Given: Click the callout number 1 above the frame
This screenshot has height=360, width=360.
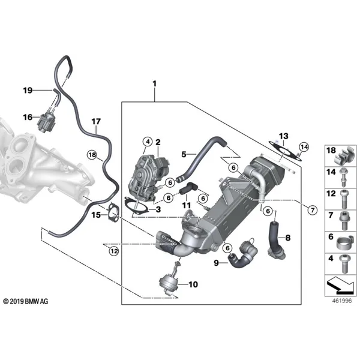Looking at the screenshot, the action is (155, 83).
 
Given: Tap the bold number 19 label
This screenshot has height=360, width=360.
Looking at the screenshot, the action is (28, 91).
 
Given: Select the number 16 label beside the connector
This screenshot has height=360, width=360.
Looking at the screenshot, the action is (28, 118).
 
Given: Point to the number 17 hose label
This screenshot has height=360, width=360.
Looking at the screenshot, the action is (96, 121).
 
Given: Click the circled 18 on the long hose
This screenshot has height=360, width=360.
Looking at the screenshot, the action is (92, 155).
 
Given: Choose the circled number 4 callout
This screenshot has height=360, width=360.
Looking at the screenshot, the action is (148, 142).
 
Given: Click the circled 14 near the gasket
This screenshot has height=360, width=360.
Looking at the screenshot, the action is (304, 147).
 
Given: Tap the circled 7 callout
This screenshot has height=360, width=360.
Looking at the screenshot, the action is (312, 210).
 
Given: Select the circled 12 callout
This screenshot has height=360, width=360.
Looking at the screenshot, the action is (114, 251).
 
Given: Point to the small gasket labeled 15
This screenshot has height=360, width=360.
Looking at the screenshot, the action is (113, 213).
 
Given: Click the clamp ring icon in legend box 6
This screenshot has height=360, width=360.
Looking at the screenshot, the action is (344, 242).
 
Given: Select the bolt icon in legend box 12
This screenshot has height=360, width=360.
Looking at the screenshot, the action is (344, 199).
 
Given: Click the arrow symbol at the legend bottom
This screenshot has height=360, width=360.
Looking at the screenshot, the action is (340, 285).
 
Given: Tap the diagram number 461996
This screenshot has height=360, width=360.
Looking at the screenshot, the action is (342, 301).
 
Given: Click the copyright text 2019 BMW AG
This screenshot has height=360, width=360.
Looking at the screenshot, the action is (26, 301).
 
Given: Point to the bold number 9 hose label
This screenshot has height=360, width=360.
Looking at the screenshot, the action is (216, 263).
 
